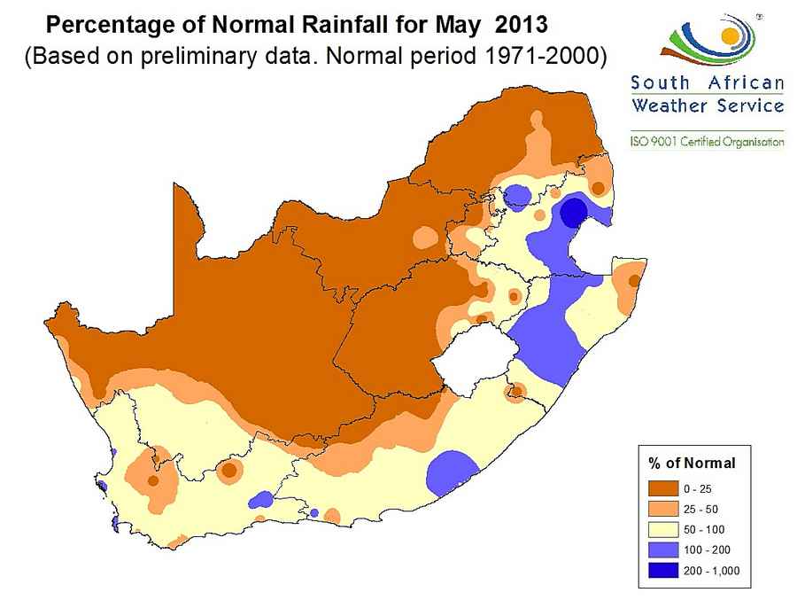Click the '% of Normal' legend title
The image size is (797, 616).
point(692,463)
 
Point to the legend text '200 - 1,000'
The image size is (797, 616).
point(711,570)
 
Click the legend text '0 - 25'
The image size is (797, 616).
point(698,488)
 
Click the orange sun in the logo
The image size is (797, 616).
point(729,36)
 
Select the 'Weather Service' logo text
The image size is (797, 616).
point(707,106)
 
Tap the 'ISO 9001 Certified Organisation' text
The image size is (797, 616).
point(707,142)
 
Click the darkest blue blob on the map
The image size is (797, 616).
point(574,213)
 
